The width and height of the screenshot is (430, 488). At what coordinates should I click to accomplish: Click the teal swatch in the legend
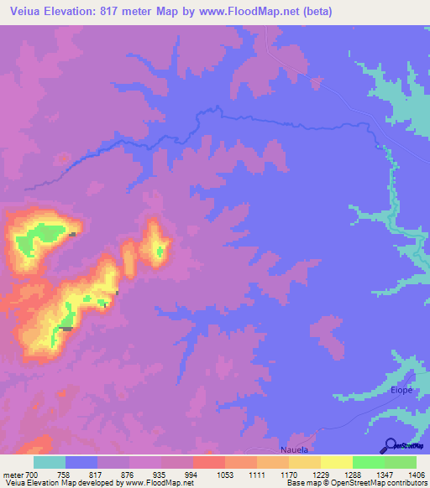(x=50, y=462)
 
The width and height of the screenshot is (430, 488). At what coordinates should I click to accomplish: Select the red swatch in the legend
(x=208, y=462)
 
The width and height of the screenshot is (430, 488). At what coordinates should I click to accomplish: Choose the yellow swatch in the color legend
(x=336, y=462)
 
